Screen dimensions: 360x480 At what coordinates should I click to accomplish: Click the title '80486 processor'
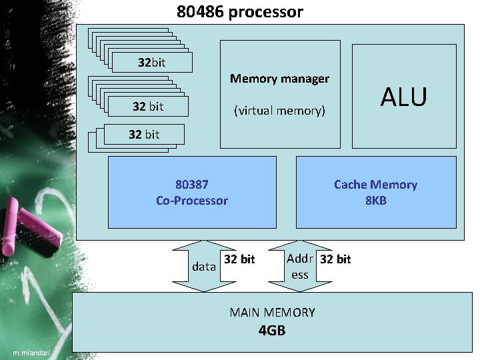coord(239,11)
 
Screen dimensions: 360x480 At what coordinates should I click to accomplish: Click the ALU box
coord(403,97)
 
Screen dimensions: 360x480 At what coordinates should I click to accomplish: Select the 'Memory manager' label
coord(279,79)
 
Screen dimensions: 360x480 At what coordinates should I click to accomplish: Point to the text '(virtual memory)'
coord(279,111)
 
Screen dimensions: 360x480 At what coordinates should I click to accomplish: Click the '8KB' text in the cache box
coord(376,200)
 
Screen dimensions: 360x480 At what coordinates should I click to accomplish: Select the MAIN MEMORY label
coord(272,312)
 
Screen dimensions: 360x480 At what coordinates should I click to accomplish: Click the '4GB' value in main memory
coord(272,329)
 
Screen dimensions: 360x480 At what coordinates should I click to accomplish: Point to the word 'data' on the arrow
coord(203,267)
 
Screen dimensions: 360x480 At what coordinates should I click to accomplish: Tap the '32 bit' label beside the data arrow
coord(239,259)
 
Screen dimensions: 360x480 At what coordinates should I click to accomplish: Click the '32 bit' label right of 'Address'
coord(335,259)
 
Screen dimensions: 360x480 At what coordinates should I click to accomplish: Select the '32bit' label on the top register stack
coord(152,63)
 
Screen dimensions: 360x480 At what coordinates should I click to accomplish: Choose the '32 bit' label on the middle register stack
coord(148,106)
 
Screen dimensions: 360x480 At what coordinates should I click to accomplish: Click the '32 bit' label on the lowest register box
coord(144,135)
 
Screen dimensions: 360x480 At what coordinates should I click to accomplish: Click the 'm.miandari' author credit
coord(31,352)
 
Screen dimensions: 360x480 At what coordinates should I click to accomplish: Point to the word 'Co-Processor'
coord(192,201)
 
